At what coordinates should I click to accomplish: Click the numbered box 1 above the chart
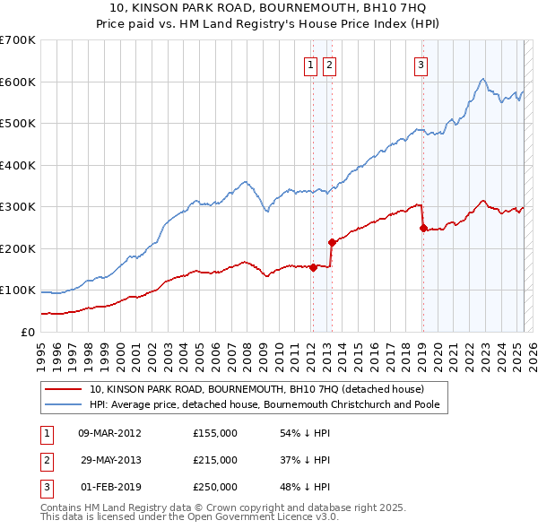coord(310,64)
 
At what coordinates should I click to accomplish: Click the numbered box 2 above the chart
coord(329,64)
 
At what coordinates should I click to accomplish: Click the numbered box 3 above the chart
coord(421,64)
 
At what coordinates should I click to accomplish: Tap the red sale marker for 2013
coord(332,242)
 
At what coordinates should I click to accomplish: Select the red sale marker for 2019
coord(423,228)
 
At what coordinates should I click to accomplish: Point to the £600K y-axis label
coord(18,82)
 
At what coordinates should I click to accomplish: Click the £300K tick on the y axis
coord(18,207)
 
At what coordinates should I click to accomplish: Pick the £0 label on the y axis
coord(27,332)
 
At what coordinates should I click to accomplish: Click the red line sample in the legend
coord(64,389)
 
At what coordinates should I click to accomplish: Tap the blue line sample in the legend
coord(64,404)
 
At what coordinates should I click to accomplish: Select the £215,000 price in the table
coord(215,460)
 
